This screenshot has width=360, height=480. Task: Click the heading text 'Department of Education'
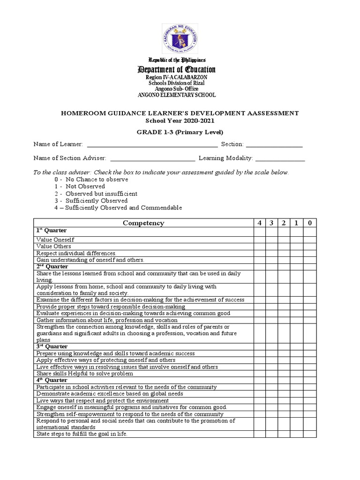coord(176,70)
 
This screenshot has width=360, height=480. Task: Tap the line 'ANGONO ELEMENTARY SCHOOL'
coord(176,95)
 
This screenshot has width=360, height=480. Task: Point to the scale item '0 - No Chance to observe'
coord(91,180)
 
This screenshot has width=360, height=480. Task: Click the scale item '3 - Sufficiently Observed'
coord(91,201)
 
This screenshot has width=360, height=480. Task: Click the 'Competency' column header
coord(143,223)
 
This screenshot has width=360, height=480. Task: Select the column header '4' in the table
coord(259,223)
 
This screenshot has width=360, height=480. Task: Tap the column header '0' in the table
coord(309,223)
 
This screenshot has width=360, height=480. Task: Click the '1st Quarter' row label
coord(52,231)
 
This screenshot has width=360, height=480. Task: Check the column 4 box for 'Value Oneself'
coord(259,240)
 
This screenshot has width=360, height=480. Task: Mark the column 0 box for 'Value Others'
coord(309,246)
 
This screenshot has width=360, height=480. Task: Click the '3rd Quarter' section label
coord(52,346)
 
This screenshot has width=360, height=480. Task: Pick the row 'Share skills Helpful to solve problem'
coord(85,374)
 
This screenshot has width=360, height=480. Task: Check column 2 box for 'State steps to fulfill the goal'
coord(284,434)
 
